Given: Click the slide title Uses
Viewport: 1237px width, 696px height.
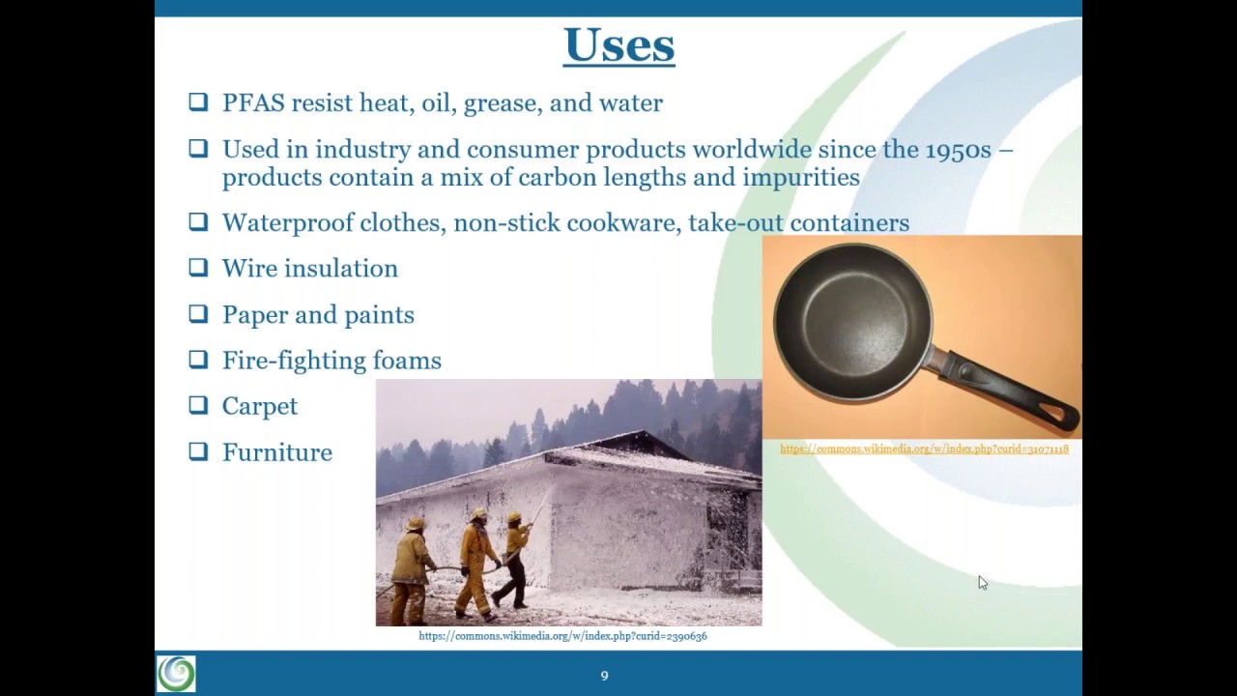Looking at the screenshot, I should pos(618,45).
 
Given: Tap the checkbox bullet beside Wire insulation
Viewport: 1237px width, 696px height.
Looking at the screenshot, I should pos(198,268).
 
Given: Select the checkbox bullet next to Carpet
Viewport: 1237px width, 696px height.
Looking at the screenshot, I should pos(198,405).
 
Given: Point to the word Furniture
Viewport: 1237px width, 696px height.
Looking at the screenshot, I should pos(277,452).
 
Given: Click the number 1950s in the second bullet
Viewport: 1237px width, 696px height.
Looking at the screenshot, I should pos(958,150).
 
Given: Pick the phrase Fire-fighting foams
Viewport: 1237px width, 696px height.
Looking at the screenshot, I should pos(331,361).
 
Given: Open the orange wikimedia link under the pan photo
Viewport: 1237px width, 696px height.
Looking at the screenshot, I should pos(924,449).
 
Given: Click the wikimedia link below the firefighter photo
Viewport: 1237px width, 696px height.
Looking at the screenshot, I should pos(562,636).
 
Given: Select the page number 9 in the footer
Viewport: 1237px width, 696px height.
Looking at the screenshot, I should pos(604,676).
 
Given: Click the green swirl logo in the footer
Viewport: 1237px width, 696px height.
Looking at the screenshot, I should pos(176,674).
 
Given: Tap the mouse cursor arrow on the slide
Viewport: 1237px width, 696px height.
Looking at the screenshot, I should pos(982,582).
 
